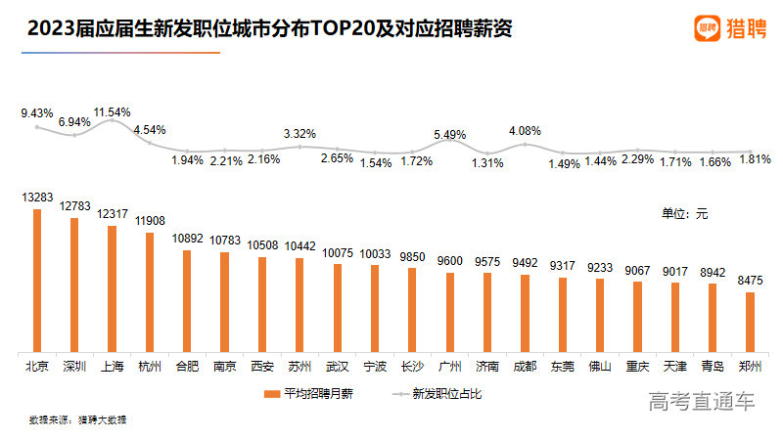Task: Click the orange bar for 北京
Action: [x=37, y=281]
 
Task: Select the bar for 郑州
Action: [x=751, y=322]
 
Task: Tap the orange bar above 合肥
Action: [x=187, y=300]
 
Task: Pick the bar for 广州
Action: [x=450, y=312]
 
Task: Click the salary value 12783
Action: [x=73, y=205]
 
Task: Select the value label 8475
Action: [x=751, y=280]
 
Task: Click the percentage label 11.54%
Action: [x=112, y=112]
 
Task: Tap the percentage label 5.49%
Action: [x=450, y=134]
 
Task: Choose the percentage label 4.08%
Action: [x=525, y=130]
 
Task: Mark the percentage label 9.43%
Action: [x=36, y=113]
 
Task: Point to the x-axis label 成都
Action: [x=525, y=367]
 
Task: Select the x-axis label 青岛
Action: [x=713, y=367]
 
